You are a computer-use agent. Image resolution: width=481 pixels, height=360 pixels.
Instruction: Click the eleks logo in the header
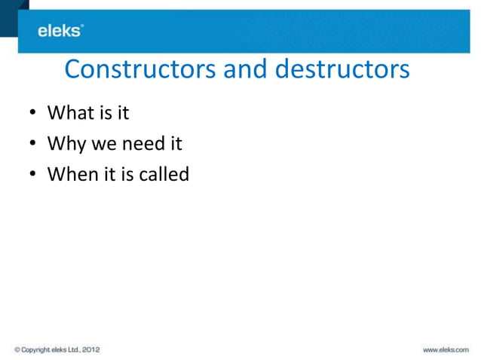[x=60, y=31]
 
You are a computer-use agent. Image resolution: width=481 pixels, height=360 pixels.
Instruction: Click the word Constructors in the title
[x=141, y=69]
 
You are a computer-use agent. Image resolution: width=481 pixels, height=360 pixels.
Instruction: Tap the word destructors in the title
[x=342, y=69]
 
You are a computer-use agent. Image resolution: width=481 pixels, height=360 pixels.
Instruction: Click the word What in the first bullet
[x=69, y=114]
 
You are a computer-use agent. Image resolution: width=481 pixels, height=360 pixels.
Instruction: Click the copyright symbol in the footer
[x=17, y=349]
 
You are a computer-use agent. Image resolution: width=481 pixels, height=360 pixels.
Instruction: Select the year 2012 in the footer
[x=89, y=349]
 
